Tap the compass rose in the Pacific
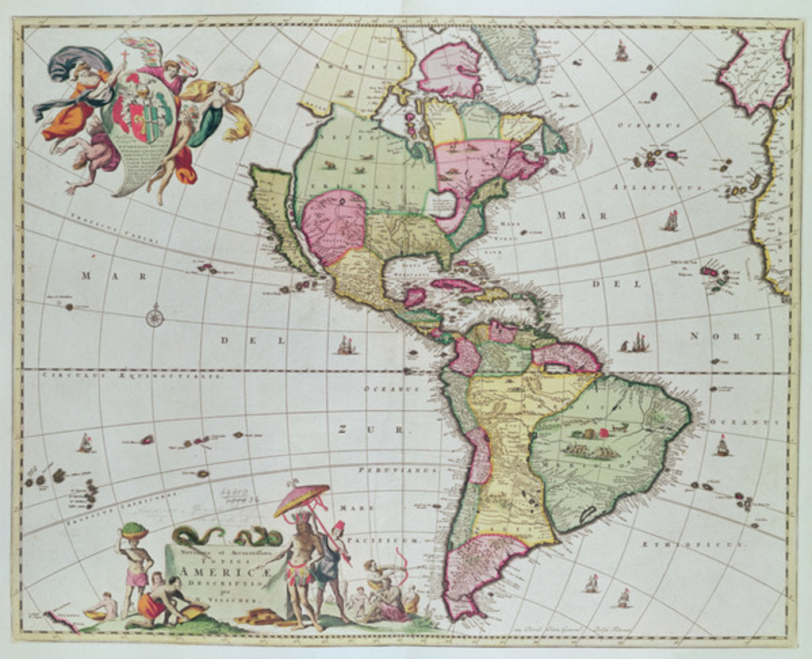tap(155, 318)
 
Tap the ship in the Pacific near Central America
tap(346, 345)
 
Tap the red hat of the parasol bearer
tap(338, 526)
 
